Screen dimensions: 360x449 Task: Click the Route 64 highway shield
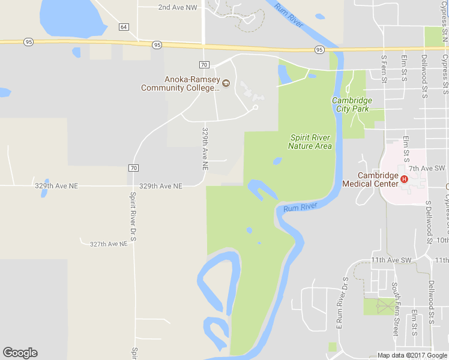[x=124, y=27]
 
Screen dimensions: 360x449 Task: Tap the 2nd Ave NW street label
[x=177, y=7]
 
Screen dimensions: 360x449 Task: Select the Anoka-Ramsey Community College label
[x=180, y=83]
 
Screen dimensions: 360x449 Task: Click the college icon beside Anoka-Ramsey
[x=226, y=83]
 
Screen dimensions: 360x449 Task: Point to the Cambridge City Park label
[x=352, y=104]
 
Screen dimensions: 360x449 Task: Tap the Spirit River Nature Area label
[x=310, y=142]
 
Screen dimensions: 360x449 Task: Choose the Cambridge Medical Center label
[x=370, y=179]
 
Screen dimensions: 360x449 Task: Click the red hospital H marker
[x=404, y=179]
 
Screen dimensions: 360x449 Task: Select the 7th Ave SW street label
[x=427, y=169]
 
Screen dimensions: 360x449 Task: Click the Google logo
[x=20, y=353]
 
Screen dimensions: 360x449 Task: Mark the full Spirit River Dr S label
[x=133, y=216]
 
